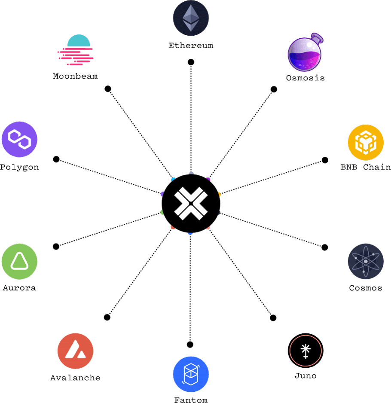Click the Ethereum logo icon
(x=191, y=18)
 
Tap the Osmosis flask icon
(x=305, y=53)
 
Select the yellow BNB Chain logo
(x=365, y=142)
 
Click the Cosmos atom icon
(x=365, y=261)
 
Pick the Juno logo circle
(x=305, y=350)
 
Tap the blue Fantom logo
(x=191, y=373)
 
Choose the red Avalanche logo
(x=75, y=351)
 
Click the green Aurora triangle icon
(x=19, y=261)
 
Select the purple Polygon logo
(x=19, y=139)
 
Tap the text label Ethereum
(x=191, y=46)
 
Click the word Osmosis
(x=305, y=78)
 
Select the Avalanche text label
(x=75, y=378)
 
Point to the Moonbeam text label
(x=75, y=76)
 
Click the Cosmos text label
(x=365, y=288)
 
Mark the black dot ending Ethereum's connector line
(x=191, y=62)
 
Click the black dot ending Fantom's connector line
(x=190, y=344)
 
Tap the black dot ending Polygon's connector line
(x=56, y=159)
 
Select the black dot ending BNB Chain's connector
(x=325, y=160)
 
